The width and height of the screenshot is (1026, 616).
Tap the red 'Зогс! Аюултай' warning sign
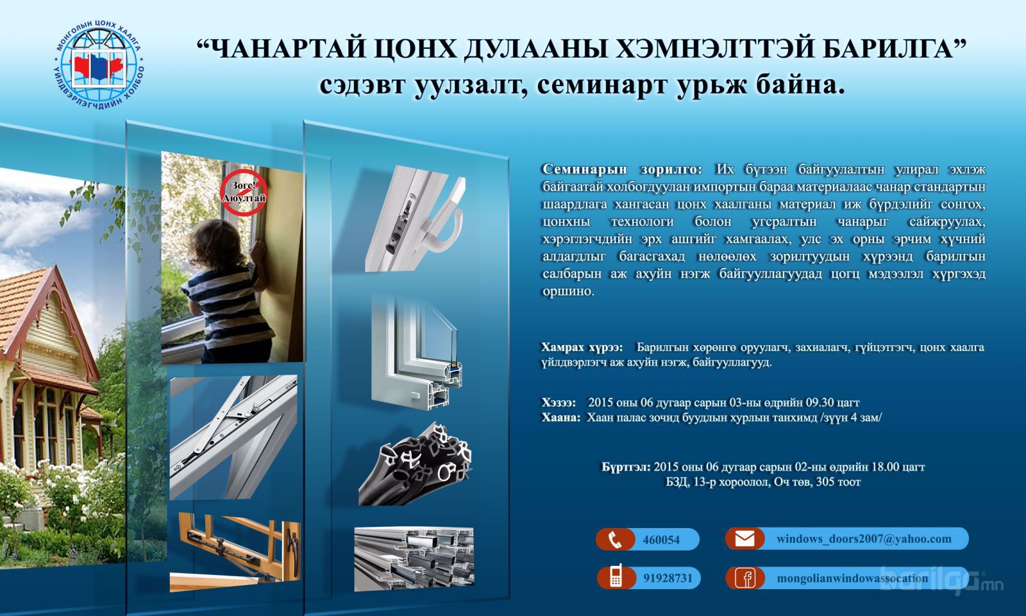244,193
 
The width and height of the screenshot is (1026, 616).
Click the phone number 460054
661,540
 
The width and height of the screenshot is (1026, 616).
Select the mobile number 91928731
668,578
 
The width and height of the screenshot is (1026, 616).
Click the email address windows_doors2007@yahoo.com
863,539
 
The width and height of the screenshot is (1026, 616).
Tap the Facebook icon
745,578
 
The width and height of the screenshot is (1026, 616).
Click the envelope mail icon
744,538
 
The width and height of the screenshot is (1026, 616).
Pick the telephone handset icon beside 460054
615,540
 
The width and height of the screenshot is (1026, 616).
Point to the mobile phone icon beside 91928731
616,577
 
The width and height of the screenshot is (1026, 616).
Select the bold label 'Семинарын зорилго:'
622,169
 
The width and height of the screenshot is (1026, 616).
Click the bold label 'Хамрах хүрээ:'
582,347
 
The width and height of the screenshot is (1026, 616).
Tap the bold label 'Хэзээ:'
559,403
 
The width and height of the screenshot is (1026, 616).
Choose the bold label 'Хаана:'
560,418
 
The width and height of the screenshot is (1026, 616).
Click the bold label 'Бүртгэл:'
626,467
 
